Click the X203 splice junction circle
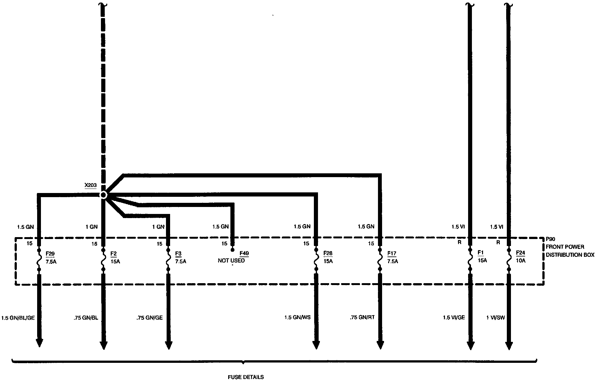(x=103, y=195)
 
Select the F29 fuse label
(x=50, y=254)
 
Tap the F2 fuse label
(x=113, y=254)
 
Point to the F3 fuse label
(x=178, y=254)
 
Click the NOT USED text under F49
(x=231, y=261)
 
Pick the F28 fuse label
(x=328, y=253)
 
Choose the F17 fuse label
(x=392, y=254)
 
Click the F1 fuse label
(x=480, y=253)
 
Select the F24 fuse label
(x=520, y=253)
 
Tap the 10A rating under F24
(x=521, y=261)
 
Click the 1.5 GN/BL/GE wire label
(x=18, y=318)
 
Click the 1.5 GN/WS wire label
(x=297, y=317)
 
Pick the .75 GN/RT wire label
(x=362, y=317)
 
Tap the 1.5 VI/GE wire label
(x=454, y=317)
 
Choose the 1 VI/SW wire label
(x=495, y=317)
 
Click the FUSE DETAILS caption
(x=246, y=377)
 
